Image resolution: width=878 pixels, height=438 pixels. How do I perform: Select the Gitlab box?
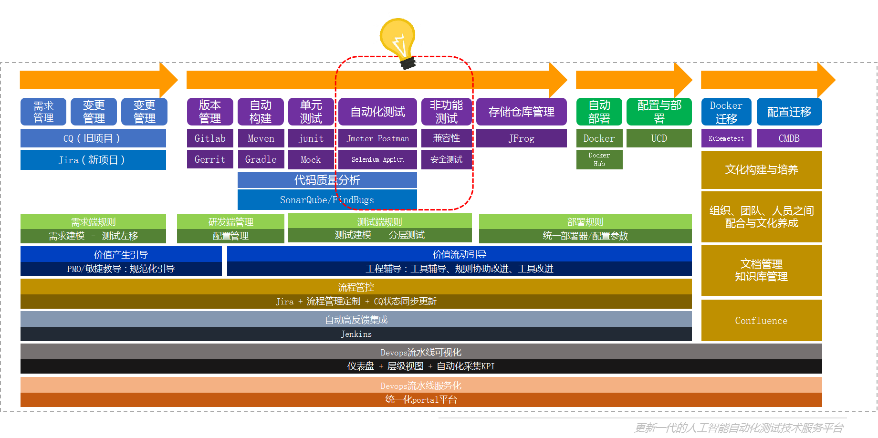[210, 138]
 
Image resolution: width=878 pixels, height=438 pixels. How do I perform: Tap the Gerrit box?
[210, 159]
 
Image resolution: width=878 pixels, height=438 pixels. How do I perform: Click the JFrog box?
[521, 138]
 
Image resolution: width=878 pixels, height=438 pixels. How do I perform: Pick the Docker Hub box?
[599, 159]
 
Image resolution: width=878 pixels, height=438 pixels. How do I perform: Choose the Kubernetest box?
[726, 138]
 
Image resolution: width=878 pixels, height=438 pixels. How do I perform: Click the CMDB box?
[789, 138]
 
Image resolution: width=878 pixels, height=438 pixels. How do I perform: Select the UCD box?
[659, 138]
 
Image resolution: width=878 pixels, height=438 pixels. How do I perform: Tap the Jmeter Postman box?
[377, 138]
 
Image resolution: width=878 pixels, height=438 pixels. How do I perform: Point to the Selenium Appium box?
[377, 159]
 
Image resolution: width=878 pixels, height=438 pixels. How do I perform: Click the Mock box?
[311, 159]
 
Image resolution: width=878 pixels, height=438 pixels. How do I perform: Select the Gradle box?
[261, 159]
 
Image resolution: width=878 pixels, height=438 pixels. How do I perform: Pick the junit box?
[311, 138]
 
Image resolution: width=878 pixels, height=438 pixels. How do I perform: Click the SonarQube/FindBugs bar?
[327, 200]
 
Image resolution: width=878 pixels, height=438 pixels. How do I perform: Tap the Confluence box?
[761, 321]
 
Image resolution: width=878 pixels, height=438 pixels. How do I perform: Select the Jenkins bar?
[356, 334]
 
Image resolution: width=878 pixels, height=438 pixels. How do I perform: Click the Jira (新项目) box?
[93, 160]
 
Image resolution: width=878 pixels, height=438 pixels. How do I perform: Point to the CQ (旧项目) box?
[93, 138]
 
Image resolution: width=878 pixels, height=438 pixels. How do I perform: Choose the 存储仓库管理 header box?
[521, 112]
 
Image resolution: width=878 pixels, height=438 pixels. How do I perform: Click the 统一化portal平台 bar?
[421, 400]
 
